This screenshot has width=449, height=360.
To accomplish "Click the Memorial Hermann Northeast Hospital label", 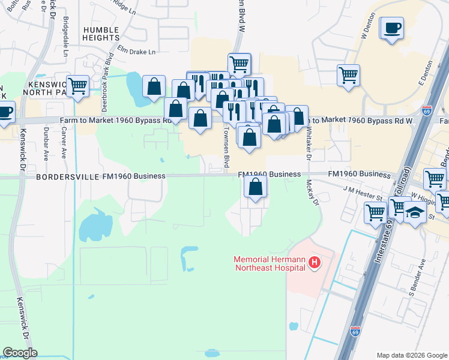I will pos(269,262).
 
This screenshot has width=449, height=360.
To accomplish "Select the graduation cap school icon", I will pos(415,212).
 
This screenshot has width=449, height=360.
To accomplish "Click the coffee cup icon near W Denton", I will pos(392,28).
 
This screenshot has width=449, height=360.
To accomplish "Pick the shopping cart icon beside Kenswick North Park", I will pos(77,86).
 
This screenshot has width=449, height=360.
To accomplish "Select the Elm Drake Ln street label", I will pos(136,52).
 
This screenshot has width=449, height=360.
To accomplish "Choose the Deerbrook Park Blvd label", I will pos(108,76).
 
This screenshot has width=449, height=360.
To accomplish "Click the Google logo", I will pos(20,352).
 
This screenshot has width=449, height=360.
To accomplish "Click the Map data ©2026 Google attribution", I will pos(412,355).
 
